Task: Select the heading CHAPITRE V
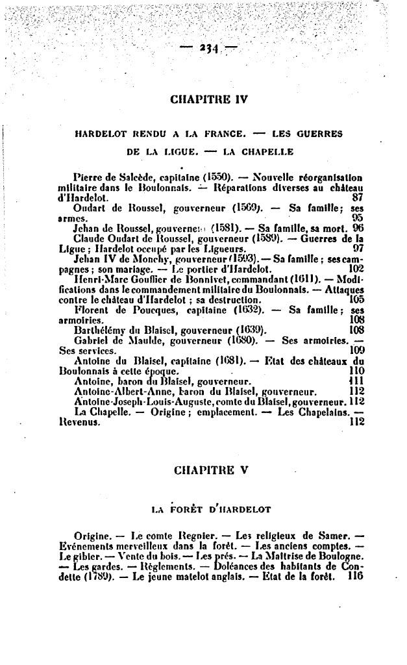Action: click(208, 470)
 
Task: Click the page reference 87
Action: click(357, 197)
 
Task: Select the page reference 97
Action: click(358, 248)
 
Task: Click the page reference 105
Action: click(356, 299)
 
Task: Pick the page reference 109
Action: click(356, 351)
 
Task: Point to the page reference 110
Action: click(356, 371)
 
